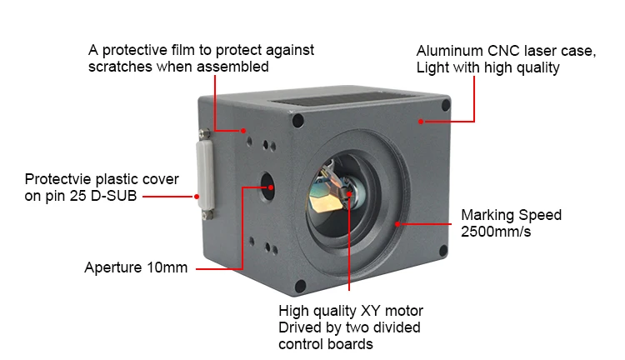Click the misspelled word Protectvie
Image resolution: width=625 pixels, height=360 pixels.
coord(57,179)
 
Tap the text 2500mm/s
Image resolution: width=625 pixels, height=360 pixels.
coord(496,232)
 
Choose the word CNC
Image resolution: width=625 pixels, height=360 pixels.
coord(502,50)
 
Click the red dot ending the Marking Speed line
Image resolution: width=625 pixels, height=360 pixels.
coord(398,223)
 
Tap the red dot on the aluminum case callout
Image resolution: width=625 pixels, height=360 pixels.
coord(422,122)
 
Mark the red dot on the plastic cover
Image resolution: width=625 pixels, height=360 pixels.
coord(197,197)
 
